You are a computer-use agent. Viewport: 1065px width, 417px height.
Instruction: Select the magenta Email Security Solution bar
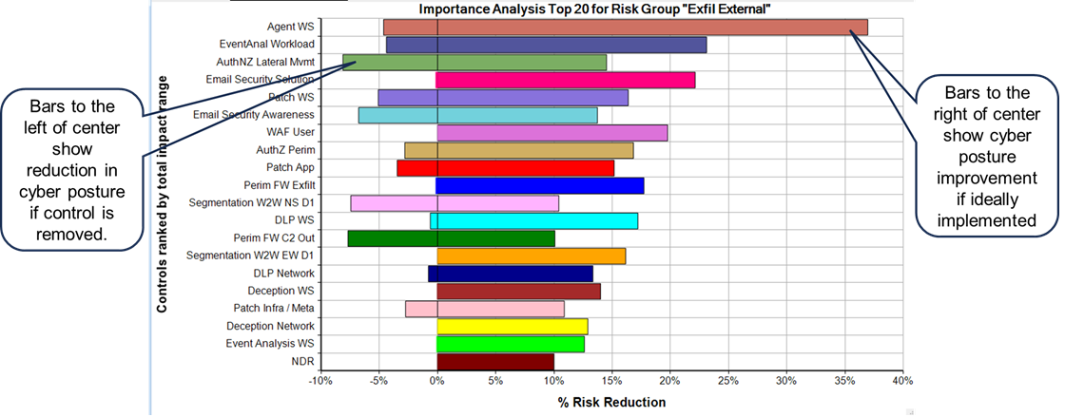pyautogui.click(x=566, y=80)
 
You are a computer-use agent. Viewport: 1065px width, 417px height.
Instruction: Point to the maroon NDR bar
pyautogui.click(x=494, y=362)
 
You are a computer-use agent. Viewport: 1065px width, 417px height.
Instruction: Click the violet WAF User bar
pyautogui.click(x=552, y=133)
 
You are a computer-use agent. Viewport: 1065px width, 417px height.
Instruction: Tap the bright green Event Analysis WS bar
pyautogui.click(x=510, y=344)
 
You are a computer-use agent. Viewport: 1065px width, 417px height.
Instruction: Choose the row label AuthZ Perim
pyautogui.click(x=288, y=150)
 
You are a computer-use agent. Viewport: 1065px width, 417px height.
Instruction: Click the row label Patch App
pyautogui.click(x=290, y=167)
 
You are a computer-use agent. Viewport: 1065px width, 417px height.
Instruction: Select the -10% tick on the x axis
pyautogui.click(x=319, y=381)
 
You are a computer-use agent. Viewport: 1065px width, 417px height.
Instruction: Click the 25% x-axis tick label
pyautogui.click(x=727, y=381)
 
